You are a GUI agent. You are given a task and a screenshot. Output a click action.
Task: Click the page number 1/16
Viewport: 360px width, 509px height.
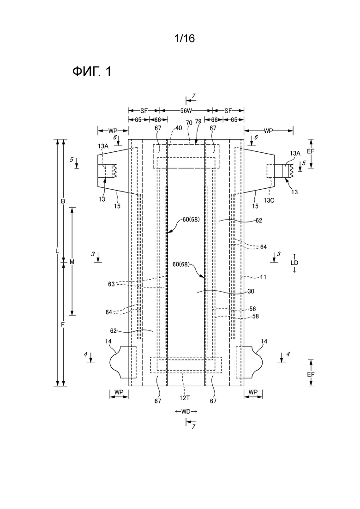(184, 39)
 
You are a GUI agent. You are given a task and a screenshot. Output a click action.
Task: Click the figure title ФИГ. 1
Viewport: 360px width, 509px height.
(92, 72)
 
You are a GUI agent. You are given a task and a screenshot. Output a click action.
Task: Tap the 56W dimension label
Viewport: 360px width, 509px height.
(186, 111)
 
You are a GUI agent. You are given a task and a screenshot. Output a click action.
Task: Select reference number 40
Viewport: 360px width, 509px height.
(179, 128)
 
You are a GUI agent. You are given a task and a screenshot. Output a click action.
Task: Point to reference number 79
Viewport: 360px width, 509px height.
(198, 121)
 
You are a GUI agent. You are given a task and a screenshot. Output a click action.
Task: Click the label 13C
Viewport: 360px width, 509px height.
(269, 200)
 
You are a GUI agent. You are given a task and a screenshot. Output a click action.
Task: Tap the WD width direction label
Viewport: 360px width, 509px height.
(186, 411)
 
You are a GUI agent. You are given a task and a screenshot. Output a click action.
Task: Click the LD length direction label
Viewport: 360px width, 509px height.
(294, 263)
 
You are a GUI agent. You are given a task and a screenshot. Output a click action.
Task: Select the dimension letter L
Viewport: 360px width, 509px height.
(57, 251)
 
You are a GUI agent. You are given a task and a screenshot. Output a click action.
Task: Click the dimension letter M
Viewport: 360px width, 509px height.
(72, 262)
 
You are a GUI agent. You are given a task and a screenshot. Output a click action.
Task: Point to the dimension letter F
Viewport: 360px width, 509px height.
(63, 324)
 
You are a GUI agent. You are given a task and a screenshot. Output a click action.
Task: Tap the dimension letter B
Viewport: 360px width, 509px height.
(63, 201)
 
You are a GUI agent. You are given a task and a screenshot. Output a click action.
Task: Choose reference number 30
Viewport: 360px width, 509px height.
(251, 291)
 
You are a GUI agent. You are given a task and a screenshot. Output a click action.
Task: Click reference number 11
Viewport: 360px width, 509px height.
(263, 277)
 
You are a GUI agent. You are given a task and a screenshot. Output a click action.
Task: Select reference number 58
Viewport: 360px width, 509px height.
(256, 316)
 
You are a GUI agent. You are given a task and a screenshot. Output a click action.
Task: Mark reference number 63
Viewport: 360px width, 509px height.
(111, 284)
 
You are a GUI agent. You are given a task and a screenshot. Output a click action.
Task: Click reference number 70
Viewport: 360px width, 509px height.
(189, 123)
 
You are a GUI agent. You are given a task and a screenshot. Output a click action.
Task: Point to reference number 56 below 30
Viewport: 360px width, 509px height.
(252, 309)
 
